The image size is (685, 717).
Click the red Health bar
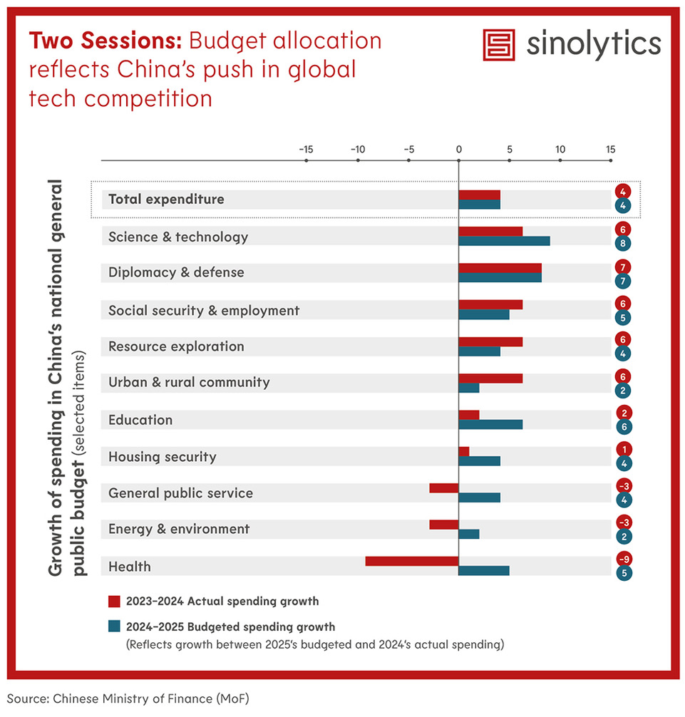pos(411,562)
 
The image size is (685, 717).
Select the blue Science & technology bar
pos(504,241)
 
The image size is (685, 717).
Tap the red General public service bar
pos(443,488)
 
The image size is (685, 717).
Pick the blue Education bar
pos(490,425)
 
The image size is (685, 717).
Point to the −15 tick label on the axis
pos(305,150)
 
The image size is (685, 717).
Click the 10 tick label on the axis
pos(560,150)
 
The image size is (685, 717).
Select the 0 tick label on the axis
pos(458,150)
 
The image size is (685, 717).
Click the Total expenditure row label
pos(166,200)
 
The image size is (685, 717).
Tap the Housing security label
pos(162,457)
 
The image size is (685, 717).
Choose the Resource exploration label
pos(176,347)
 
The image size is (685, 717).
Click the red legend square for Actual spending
pos(114,602)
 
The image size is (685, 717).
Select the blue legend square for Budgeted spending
pos(114,627)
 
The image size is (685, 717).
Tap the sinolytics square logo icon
pos(498,45)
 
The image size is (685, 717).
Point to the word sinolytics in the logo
pos(594,45)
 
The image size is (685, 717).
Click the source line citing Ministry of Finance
pos(128,699)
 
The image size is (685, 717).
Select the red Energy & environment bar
pos(443,525)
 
